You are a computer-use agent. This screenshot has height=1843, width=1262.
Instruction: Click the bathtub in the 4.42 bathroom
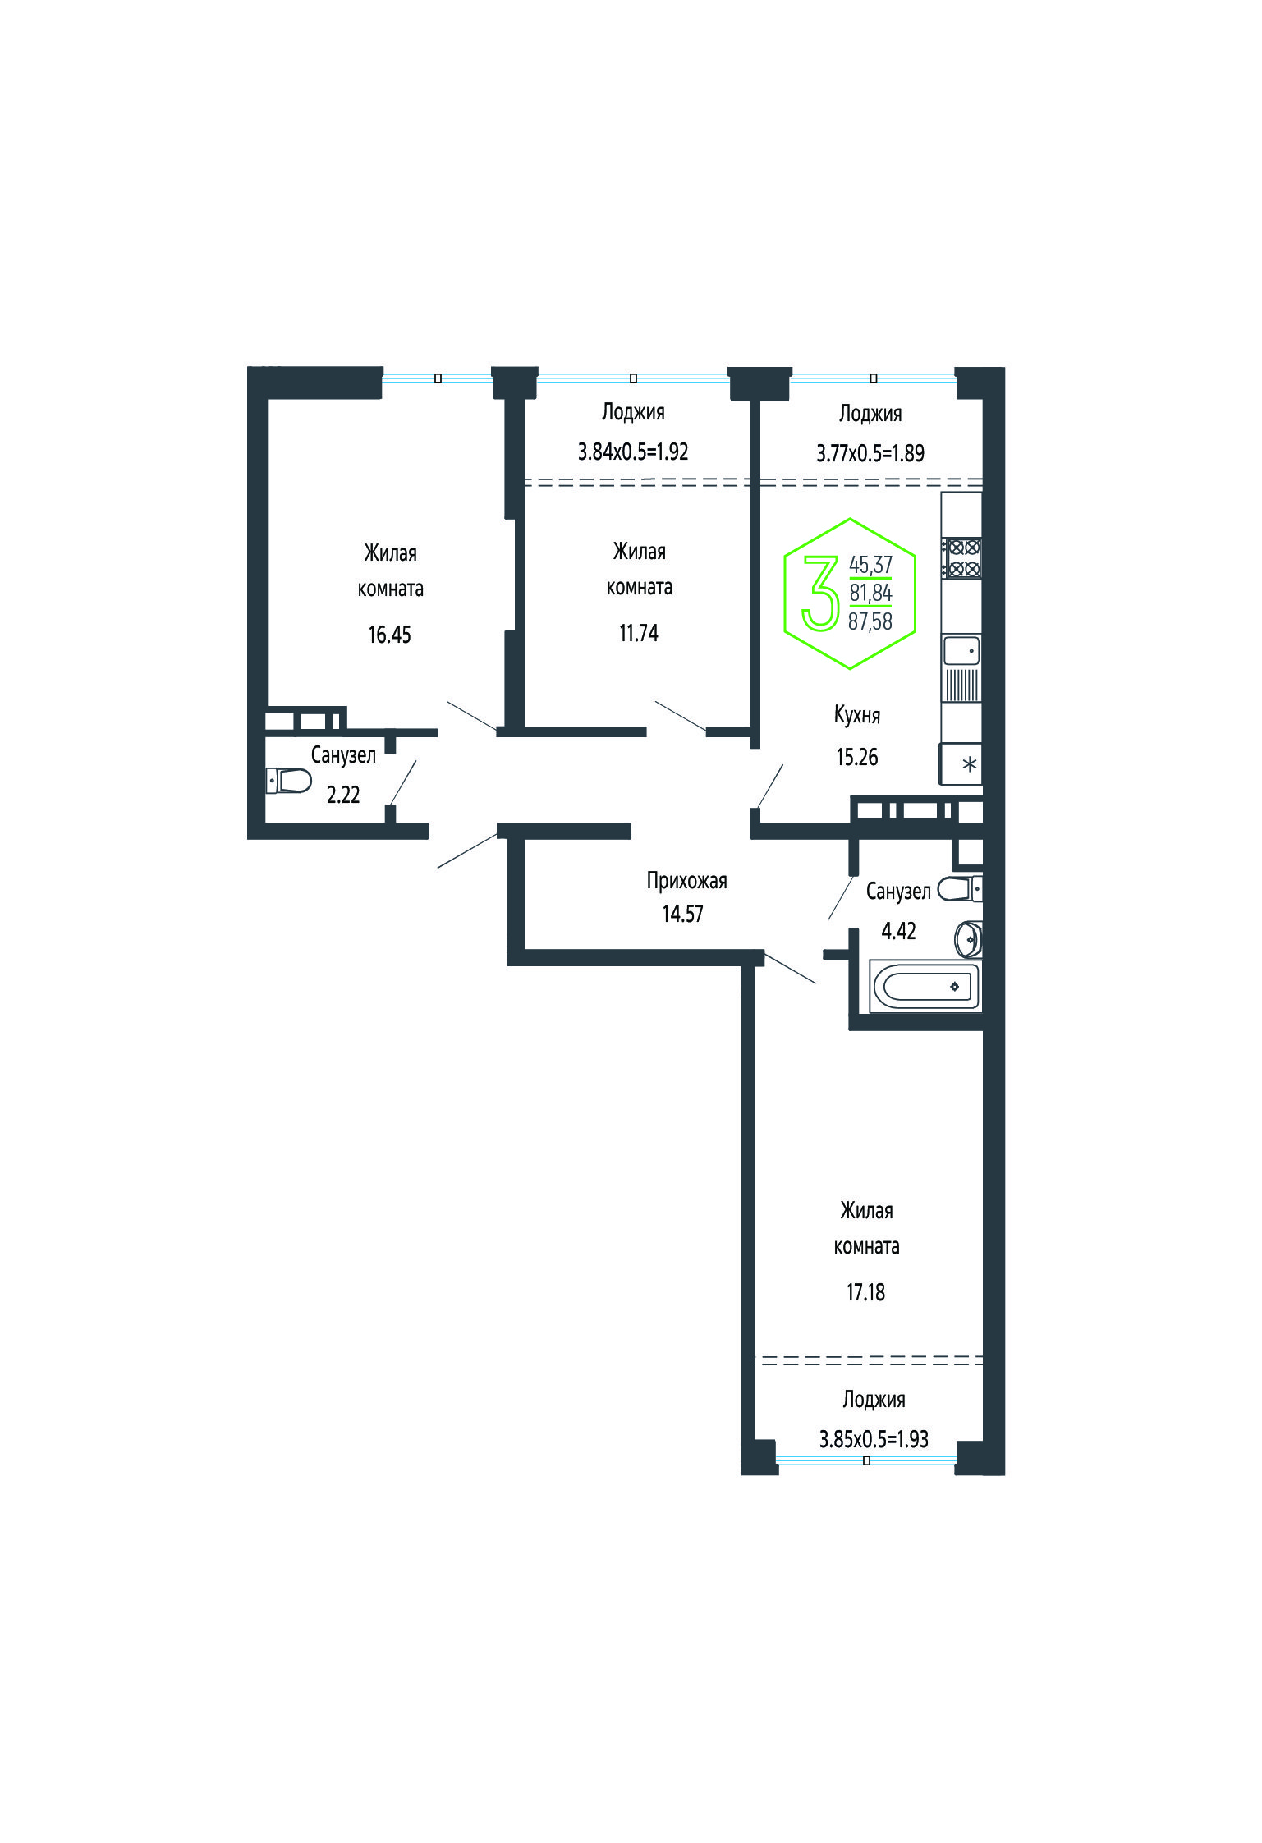(925, 985)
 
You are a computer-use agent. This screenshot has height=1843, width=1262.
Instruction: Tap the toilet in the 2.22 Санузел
(289, 780)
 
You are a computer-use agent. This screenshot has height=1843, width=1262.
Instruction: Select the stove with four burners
(962, 557)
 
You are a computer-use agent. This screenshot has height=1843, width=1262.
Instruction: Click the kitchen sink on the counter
(961, 650)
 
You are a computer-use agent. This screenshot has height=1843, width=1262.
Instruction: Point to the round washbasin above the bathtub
(969, 938)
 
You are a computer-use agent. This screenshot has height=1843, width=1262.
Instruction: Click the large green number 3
(820, 593)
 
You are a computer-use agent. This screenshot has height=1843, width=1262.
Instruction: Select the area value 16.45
(389, 635)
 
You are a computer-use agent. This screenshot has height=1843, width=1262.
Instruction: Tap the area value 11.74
(639, 633)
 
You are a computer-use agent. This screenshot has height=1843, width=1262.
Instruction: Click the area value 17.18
(865, 1292)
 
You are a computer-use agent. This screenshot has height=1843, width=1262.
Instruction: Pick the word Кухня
(857, 715)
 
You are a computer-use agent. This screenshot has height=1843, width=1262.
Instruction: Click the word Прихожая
(686, 881)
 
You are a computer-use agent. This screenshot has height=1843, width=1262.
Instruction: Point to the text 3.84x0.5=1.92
(633, 452)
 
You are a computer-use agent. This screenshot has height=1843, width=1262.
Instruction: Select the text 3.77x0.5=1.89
(870, 453)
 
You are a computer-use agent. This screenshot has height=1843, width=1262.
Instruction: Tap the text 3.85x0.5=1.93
(874, 1439)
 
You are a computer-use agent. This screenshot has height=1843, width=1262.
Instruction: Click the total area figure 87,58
(870, 621)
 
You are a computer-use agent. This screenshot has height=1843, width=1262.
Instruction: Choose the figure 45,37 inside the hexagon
(870, 565)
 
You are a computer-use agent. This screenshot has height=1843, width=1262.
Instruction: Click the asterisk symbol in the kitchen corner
(970, 765)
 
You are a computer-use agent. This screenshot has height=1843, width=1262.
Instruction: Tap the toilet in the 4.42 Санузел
(960, 888)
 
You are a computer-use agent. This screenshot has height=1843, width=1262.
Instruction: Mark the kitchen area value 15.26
(857, 757)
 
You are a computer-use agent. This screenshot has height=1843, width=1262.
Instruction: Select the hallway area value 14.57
(683, 914)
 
